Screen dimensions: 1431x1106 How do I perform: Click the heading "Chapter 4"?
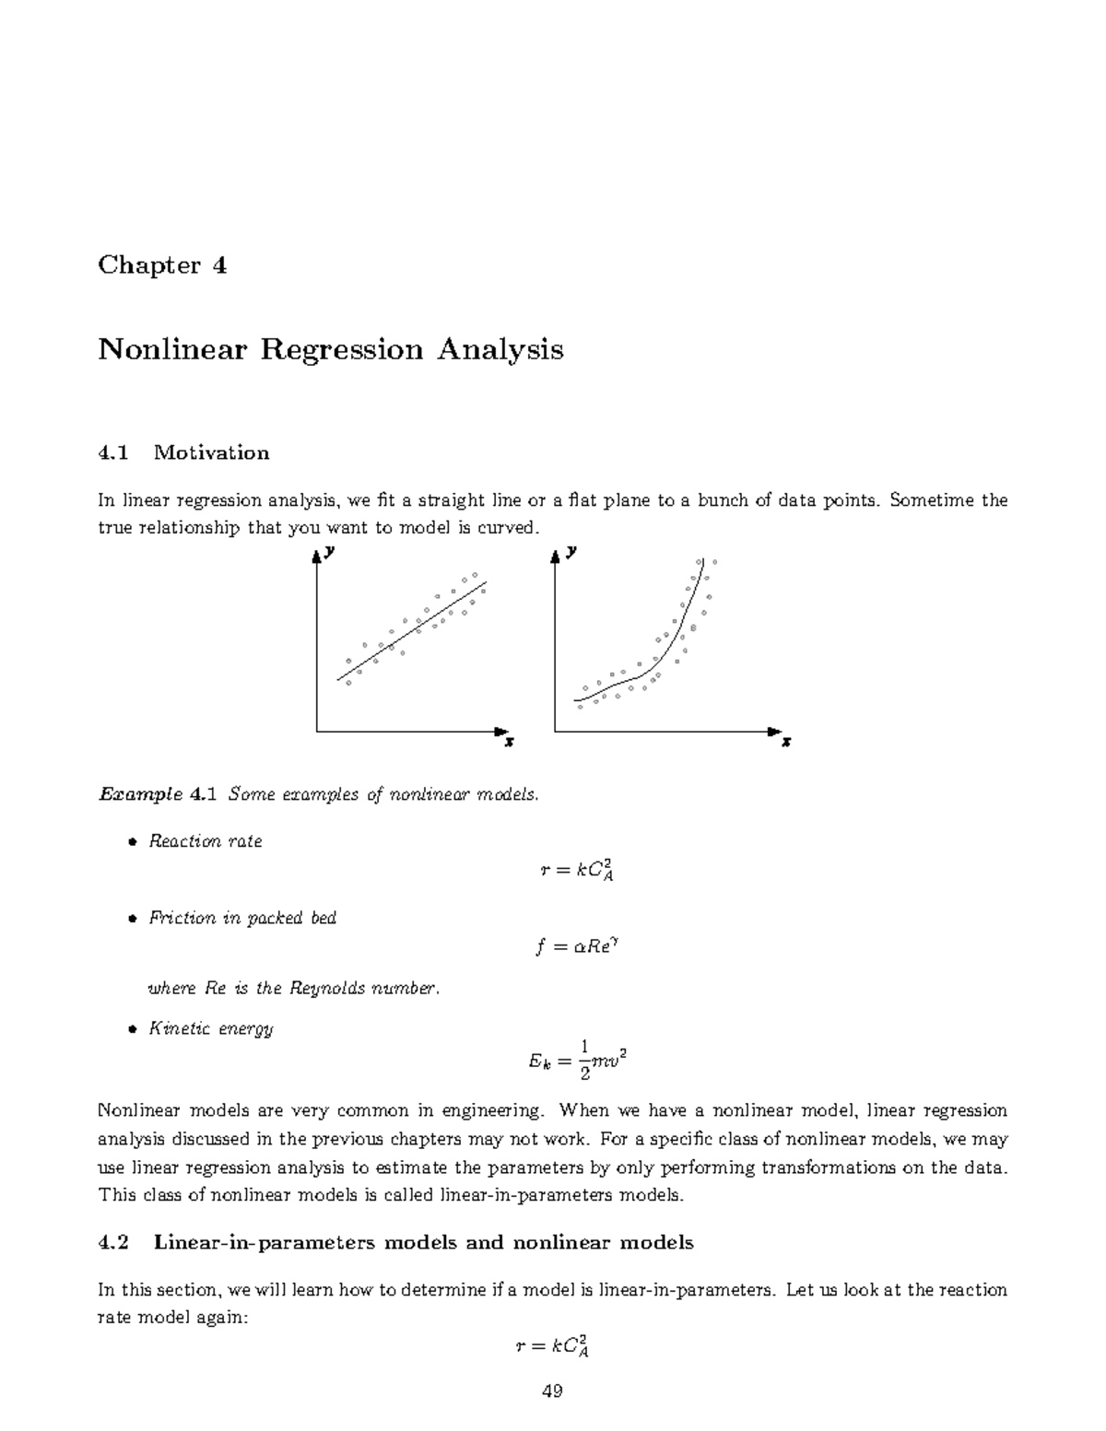(162, 265)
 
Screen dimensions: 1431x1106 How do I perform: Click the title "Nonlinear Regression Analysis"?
(330, 350)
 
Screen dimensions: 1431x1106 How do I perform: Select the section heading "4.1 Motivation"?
(183, 452)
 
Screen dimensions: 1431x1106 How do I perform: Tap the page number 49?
(552, 1391)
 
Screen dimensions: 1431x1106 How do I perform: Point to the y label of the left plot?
(330, 551)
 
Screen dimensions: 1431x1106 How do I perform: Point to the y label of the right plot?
(571, 551)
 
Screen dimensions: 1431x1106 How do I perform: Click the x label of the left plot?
(509, 741)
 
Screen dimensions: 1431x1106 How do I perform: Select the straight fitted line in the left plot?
(412, 631)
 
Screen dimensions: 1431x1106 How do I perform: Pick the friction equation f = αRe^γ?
(574, 947)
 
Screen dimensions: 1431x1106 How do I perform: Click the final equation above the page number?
(551, 1347)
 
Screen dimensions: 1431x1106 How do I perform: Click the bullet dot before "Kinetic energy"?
(132, 1029)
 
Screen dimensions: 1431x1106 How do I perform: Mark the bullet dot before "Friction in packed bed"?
(132, 919)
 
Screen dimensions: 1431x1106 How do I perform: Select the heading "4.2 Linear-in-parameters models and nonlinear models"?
(395, 1242)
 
